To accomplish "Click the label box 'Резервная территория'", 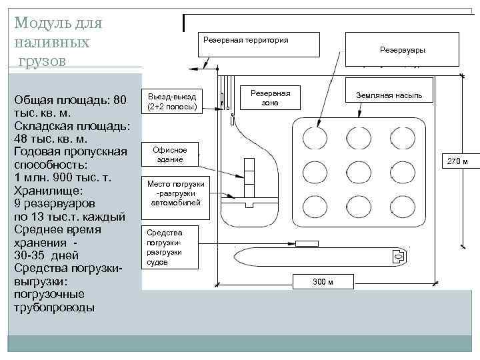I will coord(245,40).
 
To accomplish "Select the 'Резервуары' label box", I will coord(402,50).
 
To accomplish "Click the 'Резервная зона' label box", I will coord(269,97).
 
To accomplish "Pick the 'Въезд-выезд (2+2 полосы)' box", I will coord(172,102).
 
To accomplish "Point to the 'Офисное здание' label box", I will coord(170,155).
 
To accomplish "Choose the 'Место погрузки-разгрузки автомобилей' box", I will coord(174,193).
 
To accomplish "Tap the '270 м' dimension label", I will coord(457,161).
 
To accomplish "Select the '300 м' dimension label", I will coord(323,282).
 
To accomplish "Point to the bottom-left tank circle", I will coord(315,205).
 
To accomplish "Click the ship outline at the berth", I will coord(320,256).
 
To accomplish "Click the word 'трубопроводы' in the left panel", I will coord(55,307).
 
